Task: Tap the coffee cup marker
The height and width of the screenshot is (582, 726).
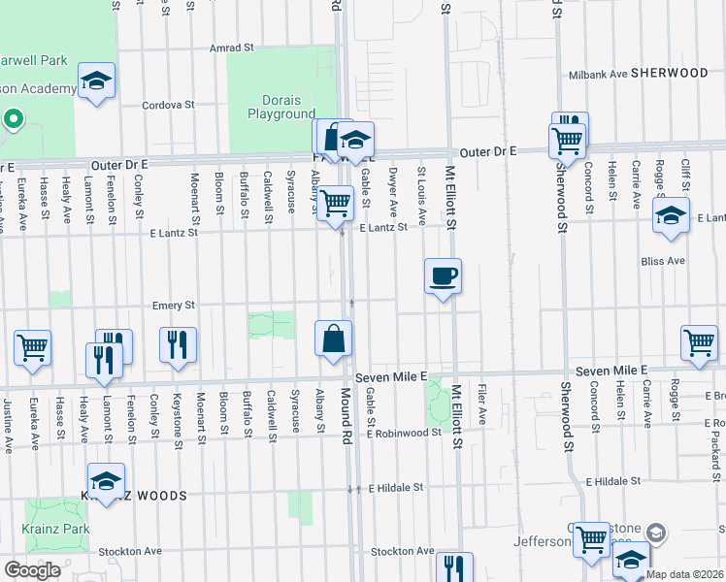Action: coord(443,276)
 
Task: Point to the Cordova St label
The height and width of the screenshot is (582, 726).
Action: coord(168,105)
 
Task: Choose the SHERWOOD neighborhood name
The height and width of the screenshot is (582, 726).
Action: coord(670,73)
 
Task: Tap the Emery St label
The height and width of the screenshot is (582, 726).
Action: coord(174,305)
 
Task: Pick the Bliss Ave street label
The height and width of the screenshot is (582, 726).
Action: coord(663,261)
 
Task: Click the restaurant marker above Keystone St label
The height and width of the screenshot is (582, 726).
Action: coord(178,344)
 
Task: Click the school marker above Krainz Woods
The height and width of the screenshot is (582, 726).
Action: coord(106,480)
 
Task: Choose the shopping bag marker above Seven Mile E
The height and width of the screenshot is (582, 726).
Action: coord(333,339)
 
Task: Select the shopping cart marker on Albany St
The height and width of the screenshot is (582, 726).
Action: coord(336,204)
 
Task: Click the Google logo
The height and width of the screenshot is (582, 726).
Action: coord(32,570)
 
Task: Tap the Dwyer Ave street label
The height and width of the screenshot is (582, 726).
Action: coord(393,192)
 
